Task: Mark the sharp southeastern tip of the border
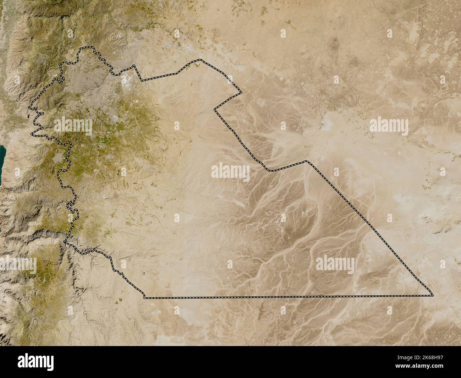point(433,295)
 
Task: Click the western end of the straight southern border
point(144,298)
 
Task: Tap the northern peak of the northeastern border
point(200,60)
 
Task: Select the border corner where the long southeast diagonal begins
point(307,161)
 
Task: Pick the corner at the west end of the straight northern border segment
point(142,81)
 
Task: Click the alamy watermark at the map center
point(230,172)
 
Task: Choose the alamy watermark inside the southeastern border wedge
point(335,264)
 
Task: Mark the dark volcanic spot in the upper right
point(334,43)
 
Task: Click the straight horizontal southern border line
point(284,296)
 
